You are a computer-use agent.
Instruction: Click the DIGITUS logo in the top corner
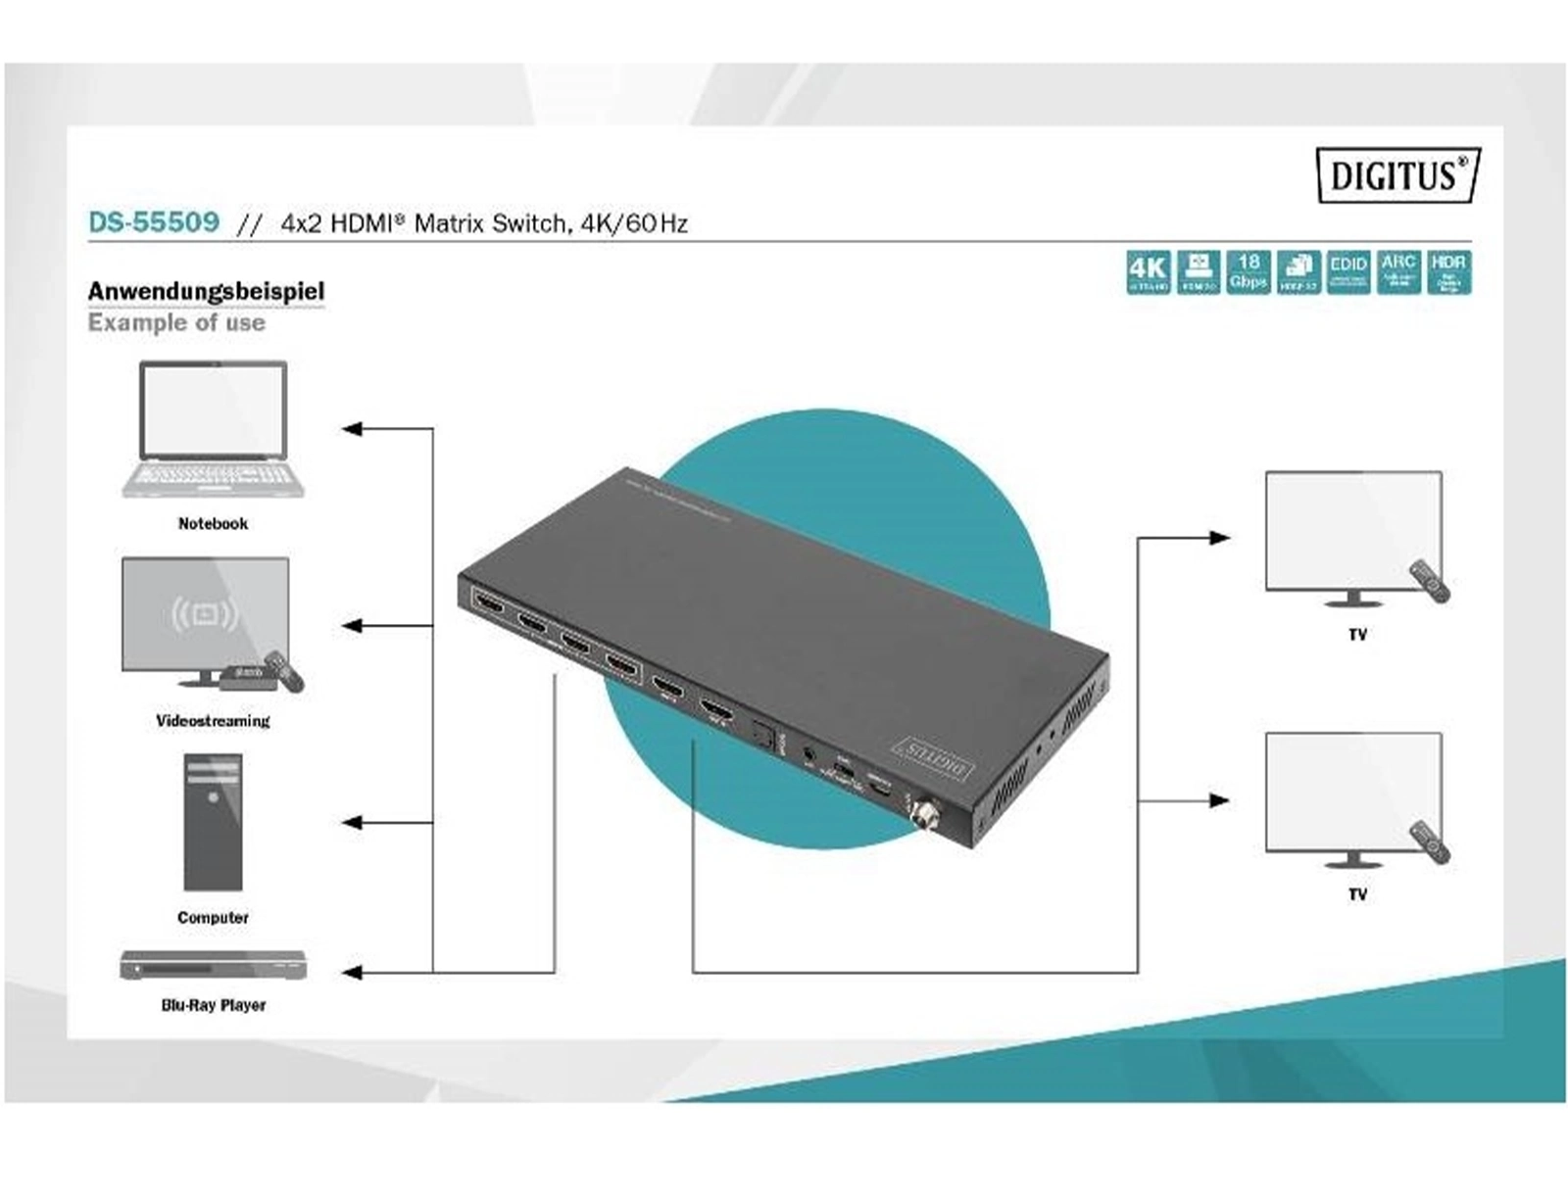click(1396, 175)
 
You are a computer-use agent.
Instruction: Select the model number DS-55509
click(154, 222)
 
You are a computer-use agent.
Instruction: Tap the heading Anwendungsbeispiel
click(206, 291)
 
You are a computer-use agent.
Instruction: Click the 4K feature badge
click(1148, 271)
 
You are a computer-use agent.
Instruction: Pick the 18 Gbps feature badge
click(1248, 271)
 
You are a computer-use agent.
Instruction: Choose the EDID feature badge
click(1347, 271)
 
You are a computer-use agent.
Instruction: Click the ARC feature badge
click(1397, 271)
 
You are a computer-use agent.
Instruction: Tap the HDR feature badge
click(1447, 271)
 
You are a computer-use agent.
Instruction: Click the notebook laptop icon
click(214, 429)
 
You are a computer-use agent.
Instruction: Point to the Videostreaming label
click(213, 721)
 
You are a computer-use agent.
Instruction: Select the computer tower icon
click(213, 822)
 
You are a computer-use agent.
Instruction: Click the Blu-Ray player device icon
click(213, 966)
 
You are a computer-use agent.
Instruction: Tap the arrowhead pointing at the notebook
click(352, 429)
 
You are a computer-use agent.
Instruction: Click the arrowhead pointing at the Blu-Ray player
click(352, 973)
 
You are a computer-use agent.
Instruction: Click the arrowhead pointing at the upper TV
click(1219, 538)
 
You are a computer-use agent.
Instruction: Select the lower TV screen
click(1352, 792)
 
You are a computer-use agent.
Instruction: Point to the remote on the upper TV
click(1429, 581)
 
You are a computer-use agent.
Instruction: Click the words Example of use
click(176, 323)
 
